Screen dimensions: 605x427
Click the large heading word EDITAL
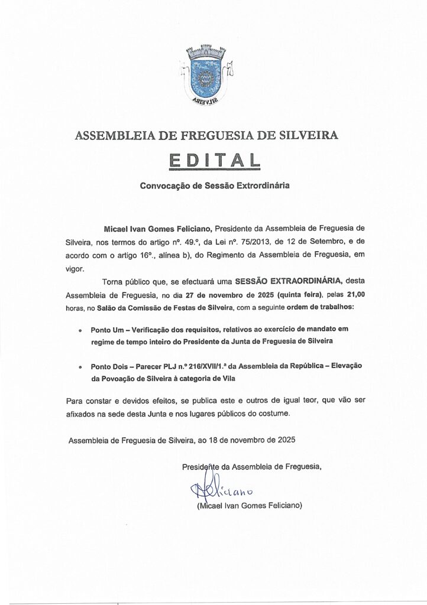click(213, 160)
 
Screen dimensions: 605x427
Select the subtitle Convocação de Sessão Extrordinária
click(214, 185)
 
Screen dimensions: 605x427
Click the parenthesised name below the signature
click(249, 506)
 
